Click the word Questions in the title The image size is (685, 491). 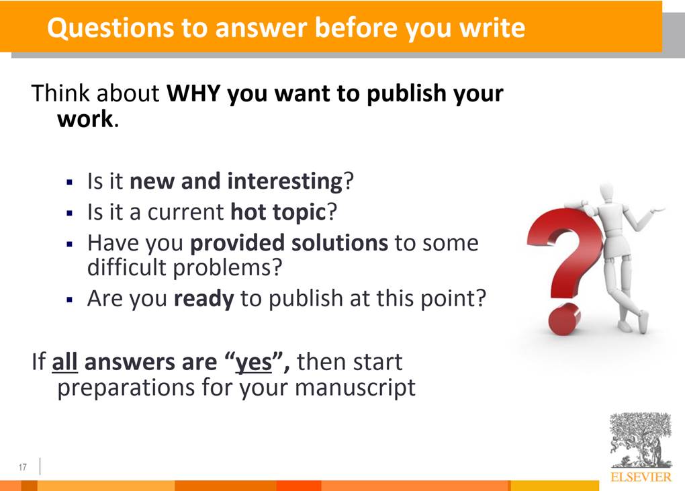[x=111, y=28]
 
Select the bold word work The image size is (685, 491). [x=85, y=119]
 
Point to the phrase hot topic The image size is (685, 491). [x=278, y=213]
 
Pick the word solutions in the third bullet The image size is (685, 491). [x=339, y=243]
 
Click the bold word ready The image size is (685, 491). [x=203, y=299]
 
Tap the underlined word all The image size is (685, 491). [x=64, y=362]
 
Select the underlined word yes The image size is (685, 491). [x=254, y=363]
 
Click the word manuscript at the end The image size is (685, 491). [x=355, y=388]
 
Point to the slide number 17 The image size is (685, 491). [x=23, y=467]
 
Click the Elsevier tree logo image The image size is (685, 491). [x=641, y=441]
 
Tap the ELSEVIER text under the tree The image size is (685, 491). [x=641, y=477]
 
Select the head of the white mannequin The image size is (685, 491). [x=607, y=193]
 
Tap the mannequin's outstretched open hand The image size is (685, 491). [x=657, y=210]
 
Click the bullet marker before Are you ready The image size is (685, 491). [x=69, y=300]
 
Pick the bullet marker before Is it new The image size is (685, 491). [x=69, y=182]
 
